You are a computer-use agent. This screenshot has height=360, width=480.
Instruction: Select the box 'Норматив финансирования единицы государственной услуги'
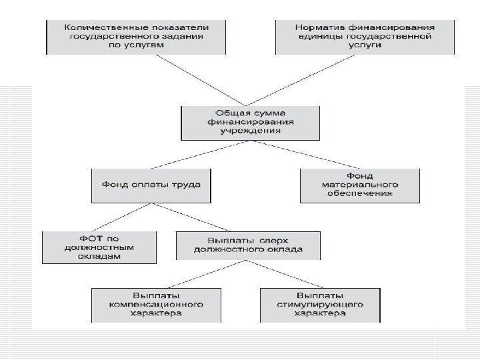point(365,37)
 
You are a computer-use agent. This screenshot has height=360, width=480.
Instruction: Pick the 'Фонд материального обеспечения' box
point(359,185)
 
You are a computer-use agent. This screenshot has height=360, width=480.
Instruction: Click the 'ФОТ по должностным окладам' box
point(99,247)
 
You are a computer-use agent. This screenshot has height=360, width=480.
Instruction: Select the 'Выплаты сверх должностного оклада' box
point(247,245)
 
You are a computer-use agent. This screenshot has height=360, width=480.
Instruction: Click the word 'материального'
point(360,185)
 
